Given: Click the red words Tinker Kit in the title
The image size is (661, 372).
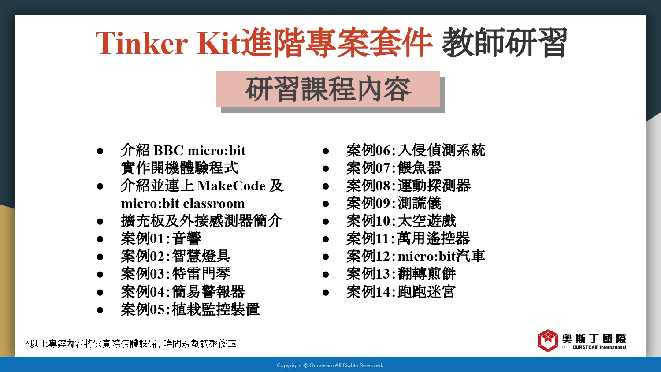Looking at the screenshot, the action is click(x=167, y=43).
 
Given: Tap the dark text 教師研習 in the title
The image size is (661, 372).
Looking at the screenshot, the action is click(x=504, y=42).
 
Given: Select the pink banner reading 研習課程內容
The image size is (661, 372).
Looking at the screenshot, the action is click(x=328, y=89).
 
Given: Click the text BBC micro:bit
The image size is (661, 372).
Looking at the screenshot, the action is click(x=200, y=150).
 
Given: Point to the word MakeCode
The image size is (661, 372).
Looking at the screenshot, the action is click(x=231, y=186).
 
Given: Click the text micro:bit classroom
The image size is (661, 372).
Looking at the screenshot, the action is click(x=183, y=204).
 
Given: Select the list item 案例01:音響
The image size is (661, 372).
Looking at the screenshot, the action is click(x=161, y=238).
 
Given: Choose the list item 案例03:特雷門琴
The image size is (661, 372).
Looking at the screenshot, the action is click(x=175, y=274).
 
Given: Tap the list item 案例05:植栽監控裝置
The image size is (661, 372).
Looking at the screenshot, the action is click(x=190, y=309).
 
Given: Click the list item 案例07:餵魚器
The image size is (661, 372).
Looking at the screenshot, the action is click(x=394, y=168).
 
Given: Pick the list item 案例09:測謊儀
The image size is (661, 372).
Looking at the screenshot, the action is click(x=394, y=203).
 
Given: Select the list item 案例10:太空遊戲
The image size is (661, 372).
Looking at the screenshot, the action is click(x=401, y=221).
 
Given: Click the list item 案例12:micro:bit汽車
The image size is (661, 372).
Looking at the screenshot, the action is click(x=416, y=256).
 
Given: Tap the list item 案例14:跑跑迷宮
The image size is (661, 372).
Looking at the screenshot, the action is click(x=401, y=292).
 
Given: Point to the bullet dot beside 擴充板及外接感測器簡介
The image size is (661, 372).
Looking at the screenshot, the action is click(x=100, y=222).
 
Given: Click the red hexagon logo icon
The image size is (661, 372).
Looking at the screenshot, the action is click(x=548, y=341).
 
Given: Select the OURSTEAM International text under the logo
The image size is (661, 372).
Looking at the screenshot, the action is click(x=599, y=347).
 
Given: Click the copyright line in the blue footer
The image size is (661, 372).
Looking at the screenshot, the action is click(x=330, y=365).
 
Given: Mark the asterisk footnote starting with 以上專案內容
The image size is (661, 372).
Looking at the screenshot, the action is click(x=131, y=344).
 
